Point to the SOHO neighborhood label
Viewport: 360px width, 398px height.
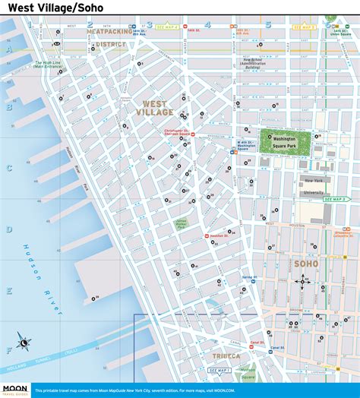click(x=305, y=264)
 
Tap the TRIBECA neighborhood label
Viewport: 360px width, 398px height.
click(x=222, y=355)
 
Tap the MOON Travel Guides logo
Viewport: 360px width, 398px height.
click(x=15, y=388)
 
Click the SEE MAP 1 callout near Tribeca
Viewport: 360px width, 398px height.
click(x=220, y=371)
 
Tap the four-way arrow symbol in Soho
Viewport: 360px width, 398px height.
click(x=303, y=281)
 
